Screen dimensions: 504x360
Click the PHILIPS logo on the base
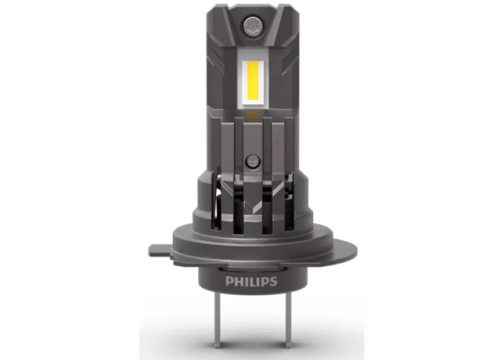click(251, 282)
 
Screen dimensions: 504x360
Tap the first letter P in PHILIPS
click(229, 282)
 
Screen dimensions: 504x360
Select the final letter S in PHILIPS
click(273, 282)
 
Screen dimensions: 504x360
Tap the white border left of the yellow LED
click(243, 83)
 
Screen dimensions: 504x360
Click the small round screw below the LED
click(252, 161)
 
